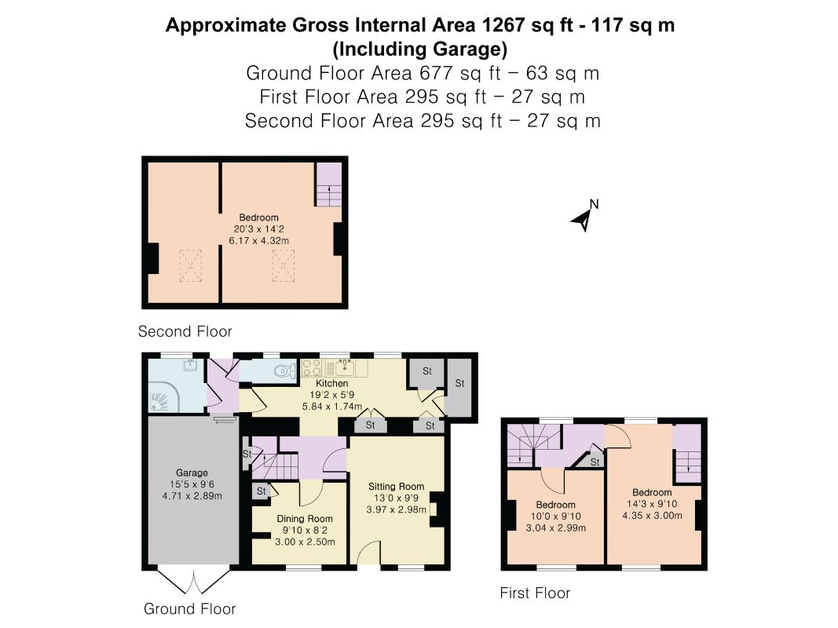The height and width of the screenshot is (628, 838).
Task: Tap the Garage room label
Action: (x=192, y=473)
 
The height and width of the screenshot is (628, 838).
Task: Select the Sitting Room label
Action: (x=396, y=487)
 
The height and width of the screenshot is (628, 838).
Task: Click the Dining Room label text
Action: (x=305, y=519)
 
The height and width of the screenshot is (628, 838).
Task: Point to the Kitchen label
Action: (x=332, y=383)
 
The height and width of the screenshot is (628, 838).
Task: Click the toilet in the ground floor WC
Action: (x=285, y=371)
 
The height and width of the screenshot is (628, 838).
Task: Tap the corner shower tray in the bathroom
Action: (x=163, y=396)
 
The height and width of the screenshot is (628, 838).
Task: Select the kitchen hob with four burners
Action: (x=312, y=367)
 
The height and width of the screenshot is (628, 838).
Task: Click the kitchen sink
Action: (x=345, y=367)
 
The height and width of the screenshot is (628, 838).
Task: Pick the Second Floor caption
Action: (x=185, y=331)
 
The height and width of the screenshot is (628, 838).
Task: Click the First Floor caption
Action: (x=535, y=593)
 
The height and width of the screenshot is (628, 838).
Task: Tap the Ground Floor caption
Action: (x=190, y=609)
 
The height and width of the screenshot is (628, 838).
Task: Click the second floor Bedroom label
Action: (x=258, y=217)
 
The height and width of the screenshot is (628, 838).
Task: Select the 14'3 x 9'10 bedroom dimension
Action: (x=652, y=503)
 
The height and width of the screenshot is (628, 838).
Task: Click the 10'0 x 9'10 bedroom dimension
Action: (x=556, y=516)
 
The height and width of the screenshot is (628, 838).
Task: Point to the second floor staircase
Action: (x=328, y=184)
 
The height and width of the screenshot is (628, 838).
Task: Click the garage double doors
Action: (x=193, y=579)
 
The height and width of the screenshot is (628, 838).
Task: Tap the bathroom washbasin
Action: (x=190, y=365)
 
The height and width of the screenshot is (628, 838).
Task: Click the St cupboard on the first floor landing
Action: (x=592, y=461)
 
